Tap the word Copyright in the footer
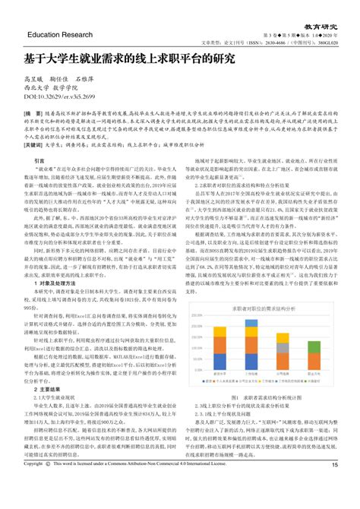coord(33,484)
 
